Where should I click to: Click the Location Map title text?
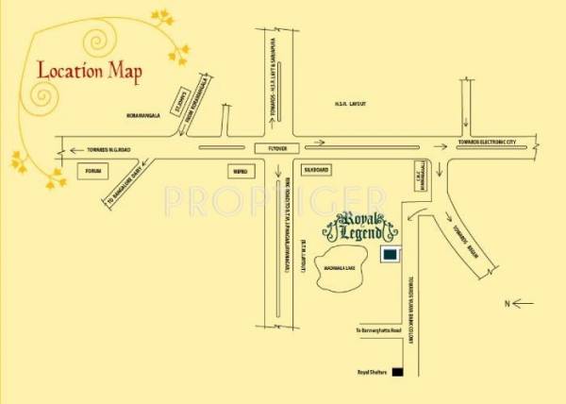pyautogui.click(x=90, y=70)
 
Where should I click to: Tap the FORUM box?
pyautogui.click(x=92, y=171)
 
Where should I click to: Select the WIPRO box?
pyautogui.click(x=241, y=171)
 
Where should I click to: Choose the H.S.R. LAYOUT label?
pyautogui.click(x=350, y=102)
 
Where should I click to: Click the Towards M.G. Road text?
pyautogui.click(x=114, y=149)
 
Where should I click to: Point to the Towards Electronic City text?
pyautogui.click(x=487, y=143)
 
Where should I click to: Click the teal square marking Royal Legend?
pyautogui.click(x=389, y=255)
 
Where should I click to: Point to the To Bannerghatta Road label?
pyautogui.click(x=377, y=331)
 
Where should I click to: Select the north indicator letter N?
pyautogui.click(x=506, y=304)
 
